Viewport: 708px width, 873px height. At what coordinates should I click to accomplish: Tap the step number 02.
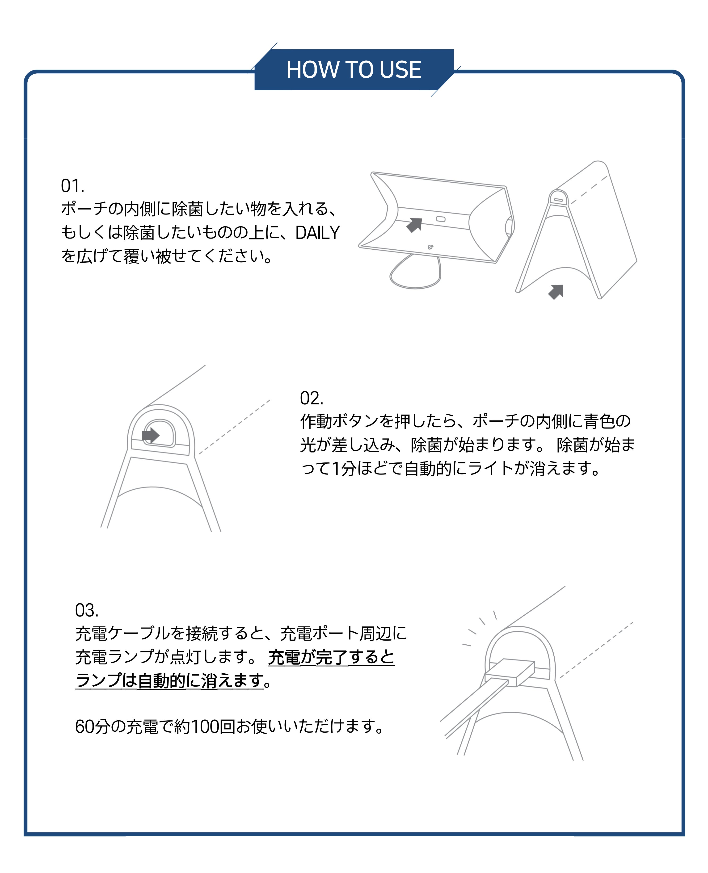pos(312,398)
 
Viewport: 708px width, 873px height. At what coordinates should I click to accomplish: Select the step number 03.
pos(86,610)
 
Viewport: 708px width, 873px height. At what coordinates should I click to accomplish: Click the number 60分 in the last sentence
pos(93,726)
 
